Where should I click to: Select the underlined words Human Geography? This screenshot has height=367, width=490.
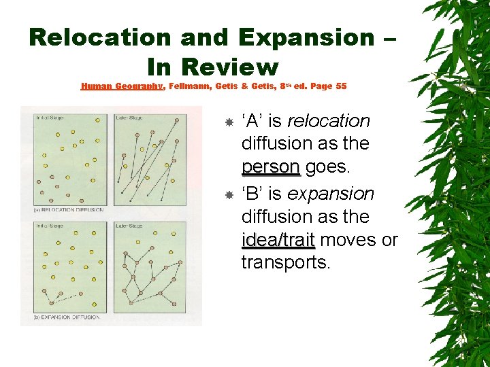coord(122,86)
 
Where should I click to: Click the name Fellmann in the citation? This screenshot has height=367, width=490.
coord(193,86)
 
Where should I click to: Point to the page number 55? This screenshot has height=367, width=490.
coord(341,86)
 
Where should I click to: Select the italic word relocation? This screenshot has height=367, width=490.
coord(329,122)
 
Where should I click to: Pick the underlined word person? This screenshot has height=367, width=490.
coord(270,167)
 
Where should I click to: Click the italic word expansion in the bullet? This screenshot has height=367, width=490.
coord(331,194)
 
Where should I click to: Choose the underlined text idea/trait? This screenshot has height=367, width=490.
coord(278,240)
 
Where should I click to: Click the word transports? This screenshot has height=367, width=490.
coord(285,262)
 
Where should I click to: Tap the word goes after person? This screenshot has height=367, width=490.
coord(327,167)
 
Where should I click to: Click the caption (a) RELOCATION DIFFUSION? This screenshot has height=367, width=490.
coord(68,210)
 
